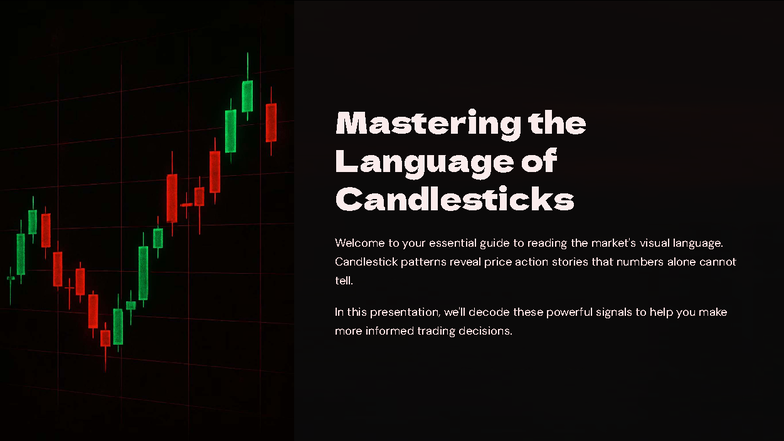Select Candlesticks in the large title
455,198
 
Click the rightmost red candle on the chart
270,122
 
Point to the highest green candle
247,95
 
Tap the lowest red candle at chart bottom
105,338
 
